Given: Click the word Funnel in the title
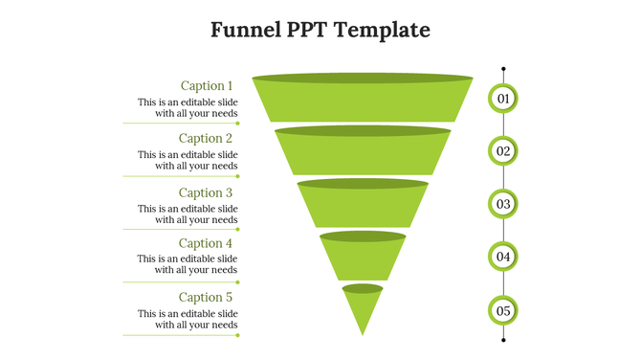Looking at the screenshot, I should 244,30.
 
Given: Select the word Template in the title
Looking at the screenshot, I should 380,30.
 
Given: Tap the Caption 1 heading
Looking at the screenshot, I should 207,85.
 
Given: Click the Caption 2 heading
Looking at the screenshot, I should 206,138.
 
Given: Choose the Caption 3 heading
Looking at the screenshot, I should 206,192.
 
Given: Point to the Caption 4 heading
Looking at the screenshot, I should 206,243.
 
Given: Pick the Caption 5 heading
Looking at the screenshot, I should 206,297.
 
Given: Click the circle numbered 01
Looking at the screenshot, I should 503,98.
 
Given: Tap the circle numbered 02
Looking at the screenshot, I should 503,150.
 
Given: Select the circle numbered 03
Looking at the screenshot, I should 503,204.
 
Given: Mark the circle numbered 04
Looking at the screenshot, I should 503,257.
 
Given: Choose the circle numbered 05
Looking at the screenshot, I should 503,310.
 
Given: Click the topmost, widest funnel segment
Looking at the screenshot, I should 363,101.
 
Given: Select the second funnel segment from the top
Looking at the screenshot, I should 363,152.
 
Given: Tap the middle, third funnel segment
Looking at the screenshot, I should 363,205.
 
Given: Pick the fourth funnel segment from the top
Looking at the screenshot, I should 363,258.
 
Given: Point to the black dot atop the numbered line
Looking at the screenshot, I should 503,69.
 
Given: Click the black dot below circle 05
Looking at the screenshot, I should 503,339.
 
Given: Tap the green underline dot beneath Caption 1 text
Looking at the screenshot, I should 237,123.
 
